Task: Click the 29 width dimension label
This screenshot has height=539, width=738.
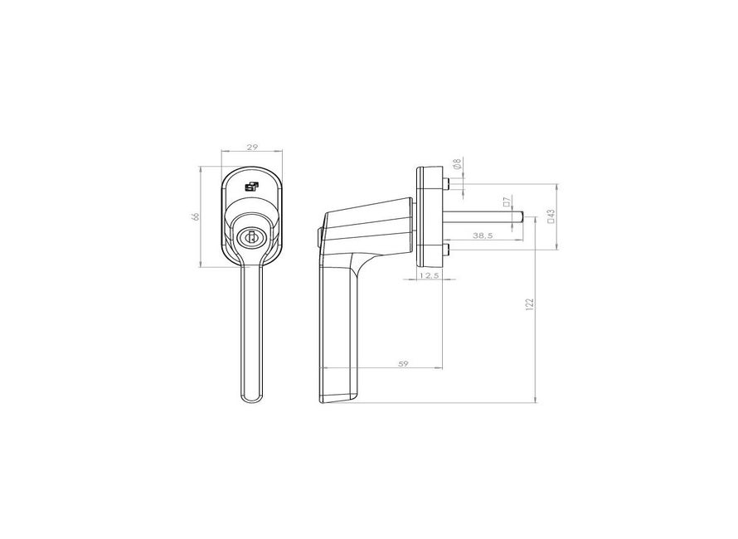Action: click(x=252, y=147)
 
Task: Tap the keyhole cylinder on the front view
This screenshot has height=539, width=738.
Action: click(x=252, y=238)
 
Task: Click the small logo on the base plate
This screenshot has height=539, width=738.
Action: click(x=252, y=187)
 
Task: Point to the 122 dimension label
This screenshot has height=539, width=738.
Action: click(x=529, y=304)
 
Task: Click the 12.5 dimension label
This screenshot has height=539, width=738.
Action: click(x=429, y=274)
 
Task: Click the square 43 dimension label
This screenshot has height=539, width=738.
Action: click(x=551, y=216)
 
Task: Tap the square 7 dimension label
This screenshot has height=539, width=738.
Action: click(x=506, y=202)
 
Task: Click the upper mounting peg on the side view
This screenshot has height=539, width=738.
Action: click(x=448, y=183)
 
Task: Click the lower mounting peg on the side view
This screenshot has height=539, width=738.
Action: click(x=448, y=249)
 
